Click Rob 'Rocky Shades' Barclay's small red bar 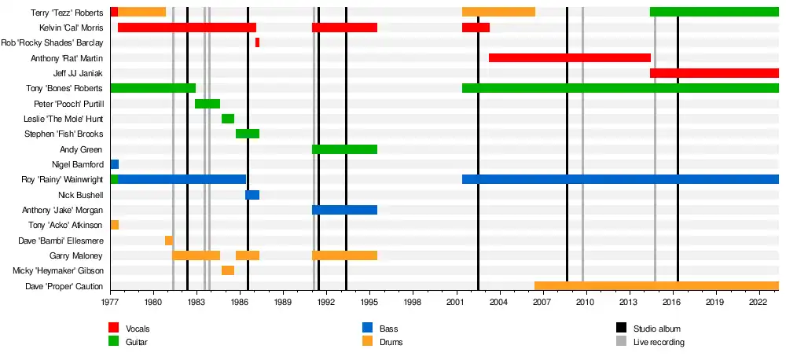point(257,42)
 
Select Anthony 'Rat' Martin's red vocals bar point(569,58)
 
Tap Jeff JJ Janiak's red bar point(714,73)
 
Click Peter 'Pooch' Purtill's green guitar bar point(208,104)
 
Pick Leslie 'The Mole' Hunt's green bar point(228,119)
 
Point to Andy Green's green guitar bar point(344,149)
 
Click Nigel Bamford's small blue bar point(115,164)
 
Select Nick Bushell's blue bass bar point(252,195)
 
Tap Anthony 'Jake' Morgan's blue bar point(344,210)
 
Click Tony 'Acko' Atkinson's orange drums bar point(115,226)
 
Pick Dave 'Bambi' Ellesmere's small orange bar point(169,241)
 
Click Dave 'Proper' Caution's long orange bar point(656,286)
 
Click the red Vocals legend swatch point(114,328)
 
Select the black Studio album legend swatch point(622,328)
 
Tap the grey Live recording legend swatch point(622,342)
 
